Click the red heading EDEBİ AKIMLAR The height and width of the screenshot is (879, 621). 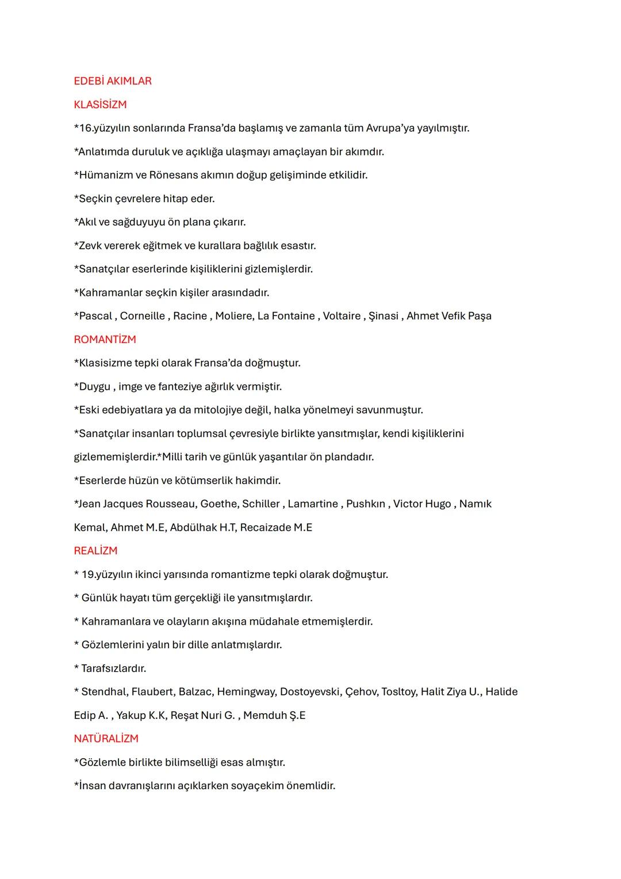click(113, 81)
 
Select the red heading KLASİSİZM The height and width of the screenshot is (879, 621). click(100, 105)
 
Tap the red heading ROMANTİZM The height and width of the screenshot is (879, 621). click(105, 340)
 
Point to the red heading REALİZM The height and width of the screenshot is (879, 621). click(95, 551)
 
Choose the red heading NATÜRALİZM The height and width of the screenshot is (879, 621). click(106, 739)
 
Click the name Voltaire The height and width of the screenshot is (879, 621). click(342, 316)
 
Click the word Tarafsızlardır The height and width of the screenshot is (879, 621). click(114, 668)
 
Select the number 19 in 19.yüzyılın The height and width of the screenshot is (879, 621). click(87, 574)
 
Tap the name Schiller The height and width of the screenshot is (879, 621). click(261, 504)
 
